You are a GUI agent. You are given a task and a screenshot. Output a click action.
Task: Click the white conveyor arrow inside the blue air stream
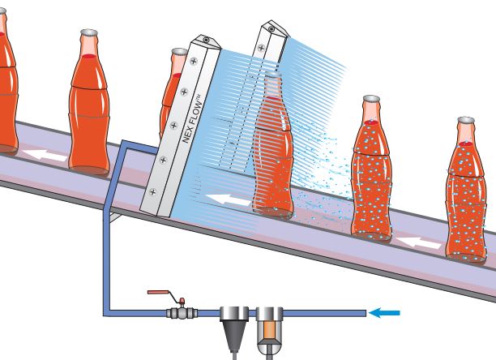pos(223,197)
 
